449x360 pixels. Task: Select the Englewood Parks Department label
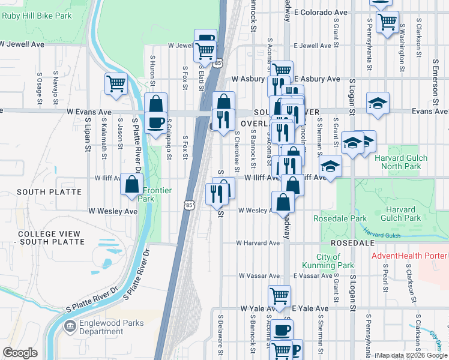tap(101, 327)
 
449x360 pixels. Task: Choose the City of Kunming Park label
tap(337, 261)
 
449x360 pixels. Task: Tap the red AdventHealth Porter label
tap(409, 256)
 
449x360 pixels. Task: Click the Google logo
tap(20, 353)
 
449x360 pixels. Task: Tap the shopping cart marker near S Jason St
tap(116, 84)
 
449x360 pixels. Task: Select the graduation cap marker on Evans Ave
tap(378, 103)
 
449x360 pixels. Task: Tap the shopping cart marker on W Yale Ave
tap(279, 295)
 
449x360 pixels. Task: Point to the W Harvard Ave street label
tap(258, 243)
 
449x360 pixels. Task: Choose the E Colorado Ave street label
tap(323, 12)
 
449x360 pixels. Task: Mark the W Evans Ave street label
tap(89, 112)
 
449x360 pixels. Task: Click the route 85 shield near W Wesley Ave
tap(189, 205)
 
